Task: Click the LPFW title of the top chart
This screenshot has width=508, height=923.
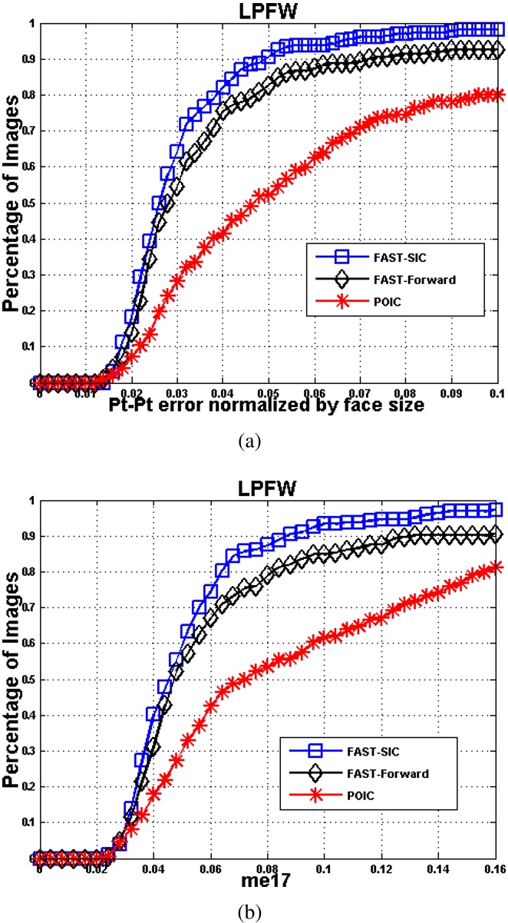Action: pos(268,10)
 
